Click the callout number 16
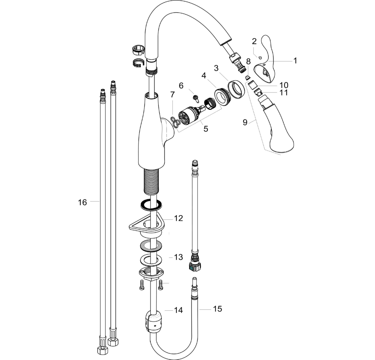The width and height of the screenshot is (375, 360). pos(82,202)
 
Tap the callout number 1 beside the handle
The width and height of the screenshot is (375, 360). pos(295,61)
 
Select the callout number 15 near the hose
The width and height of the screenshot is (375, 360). pos(218,309)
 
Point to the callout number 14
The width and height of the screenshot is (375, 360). pos(178,310)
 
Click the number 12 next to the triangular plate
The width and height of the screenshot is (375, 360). pos(179,218)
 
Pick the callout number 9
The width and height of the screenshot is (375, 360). pos(245,122)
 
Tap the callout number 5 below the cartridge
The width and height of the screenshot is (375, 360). pos(206,129)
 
